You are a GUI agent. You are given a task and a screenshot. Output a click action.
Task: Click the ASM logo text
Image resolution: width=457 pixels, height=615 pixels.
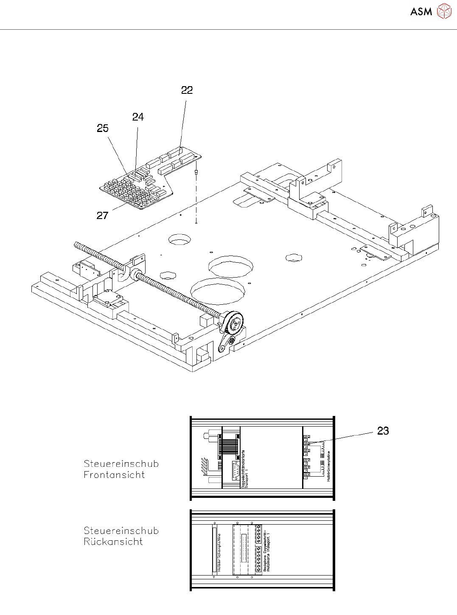(421, 12)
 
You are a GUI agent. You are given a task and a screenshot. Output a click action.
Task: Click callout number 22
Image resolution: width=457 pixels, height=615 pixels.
(187, 90)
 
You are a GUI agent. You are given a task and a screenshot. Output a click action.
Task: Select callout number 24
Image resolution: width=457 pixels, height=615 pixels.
(138, 117)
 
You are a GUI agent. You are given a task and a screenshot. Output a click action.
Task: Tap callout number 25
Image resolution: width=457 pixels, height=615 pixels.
(103, 129)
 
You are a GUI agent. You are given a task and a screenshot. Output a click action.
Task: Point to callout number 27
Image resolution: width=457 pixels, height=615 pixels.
(102, 216)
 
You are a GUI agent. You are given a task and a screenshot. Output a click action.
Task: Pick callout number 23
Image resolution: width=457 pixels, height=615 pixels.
(383, 431)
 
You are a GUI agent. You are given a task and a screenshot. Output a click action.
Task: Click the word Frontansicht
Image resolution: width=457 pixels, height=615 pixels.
(114, 475)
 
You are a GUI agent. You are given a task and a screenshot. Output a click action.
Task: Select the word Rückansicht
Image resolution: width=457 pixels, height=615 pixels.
(113, 542)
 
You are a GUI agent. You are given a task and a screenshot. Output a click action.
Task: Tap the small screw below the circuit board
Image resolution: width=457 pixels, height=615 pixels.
(196, 173)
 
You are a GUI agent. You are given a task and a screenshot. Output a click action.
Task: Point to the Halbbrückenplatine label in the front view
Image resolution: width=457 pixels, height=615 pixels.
(329, 466)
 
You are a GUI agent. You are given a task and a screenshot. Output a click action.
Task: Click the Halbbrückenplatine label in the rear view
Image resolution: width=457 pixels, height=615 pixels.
(219, 552)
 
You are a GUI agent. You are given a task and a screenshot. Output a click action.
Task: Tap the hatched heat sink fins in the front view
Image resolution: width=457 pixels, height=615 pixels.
(204, 467)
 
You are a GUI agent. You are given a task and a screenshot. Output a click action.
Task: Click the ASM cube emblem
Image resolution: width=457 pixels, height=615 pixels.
(444, 11)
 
